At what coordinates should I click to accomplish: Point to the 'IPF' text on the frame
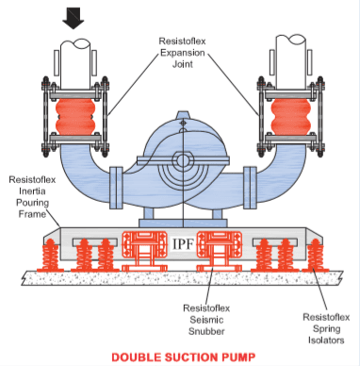point(180,245)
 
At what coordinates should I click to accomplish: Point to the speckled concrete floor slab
point(179,278)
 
